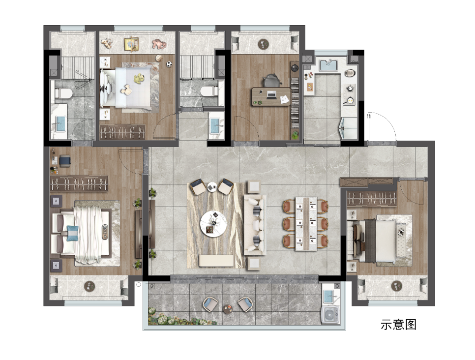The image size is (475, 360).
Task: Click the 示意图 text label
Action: [398, 325]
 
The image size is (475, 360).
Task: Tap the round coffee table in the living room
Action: [213, 223]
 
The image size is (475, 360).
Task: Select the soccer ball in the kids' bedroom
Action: [169, 64]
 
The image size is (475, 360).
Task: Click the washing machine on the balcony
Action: [330, 315]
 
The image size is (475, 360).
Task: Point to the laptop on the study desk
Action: [271, 95]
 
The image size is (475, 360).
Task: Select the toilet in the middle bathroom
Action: [209, 90]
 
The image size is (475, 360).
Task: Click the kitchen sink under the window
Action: [328, 65]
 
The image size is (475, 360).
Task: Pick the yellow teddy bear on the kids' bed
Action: [139, 78]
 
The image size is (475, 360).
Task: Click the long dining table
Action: [306, 224]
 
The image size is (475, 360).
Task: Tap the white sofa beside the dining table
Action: [255, 225]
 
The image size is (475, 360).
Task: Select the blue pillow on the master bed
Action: [72, 233]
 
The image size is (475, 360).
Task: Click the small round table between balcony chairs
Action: [228, 309]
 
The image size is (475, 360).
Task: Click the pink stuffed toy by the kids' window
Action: [159, 44]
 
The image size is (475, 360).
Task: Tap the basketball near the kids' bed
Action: [158, 58]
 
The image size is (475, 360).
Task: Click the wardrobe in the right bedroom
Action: [372, 199]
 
